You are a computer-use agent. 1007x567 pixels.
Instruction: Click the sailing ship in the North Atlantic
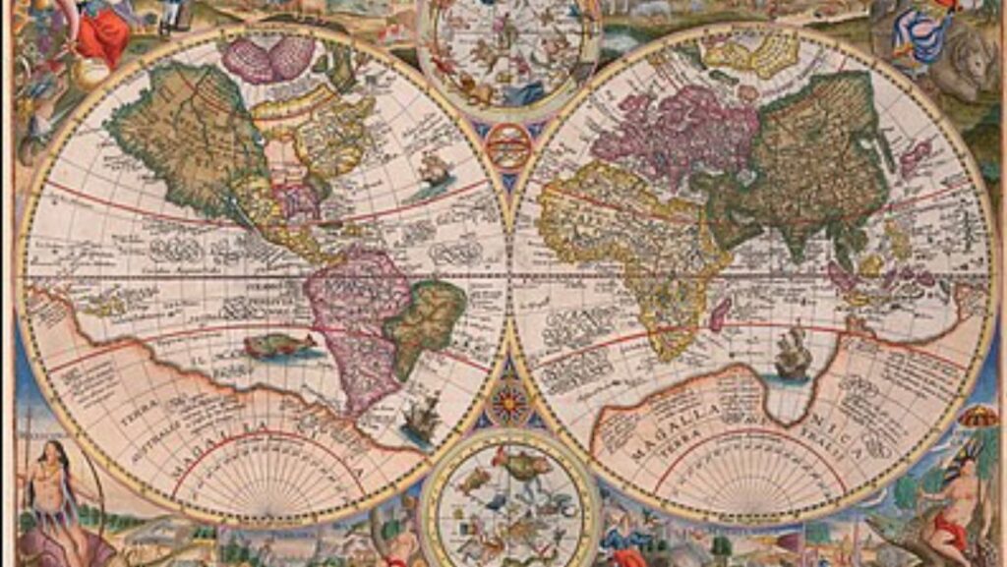point(433,172)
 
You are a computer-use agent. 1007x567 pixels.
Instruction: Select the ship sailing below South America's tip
point(421,419)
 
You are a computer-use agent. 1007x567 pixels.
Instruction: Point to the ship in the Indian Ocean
point(793,354)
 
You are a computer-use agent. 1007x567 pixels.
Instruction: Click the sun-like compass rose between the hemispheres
point(510,403)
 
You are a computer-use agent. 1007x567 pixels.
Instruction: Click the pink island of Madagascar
point(721,314)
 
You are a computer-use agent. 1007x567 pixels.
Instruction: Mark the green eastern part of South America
point(426,314)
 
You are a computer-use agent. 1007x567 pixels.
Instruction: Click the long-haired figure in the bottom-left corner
point(54,491)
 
